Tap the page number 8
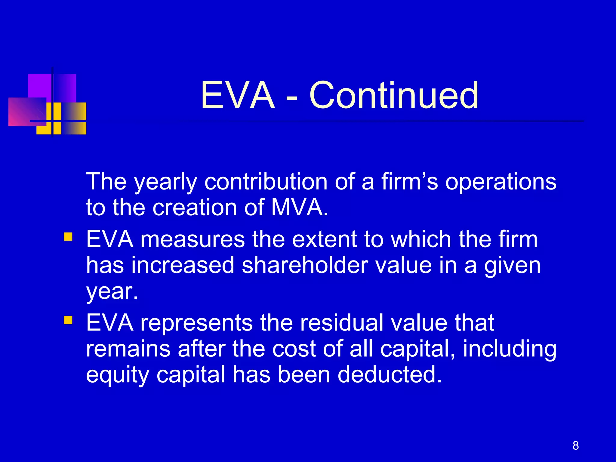[575, 445]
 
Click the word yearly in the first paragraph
[165, 182]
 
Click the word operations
[501, 182]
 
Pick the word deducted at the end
[390, 374]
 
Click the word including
[510, 349]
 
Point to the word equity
[117, 375]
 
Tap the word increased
[183, 265]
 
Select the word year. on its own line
[112, 291]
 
